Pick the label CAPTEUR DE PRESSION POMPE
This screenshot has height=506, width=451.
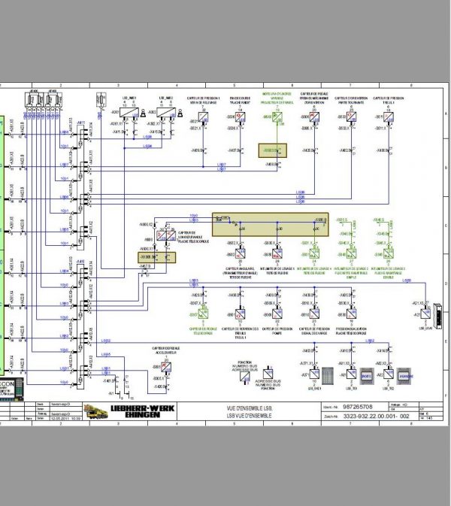(274, 330)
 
